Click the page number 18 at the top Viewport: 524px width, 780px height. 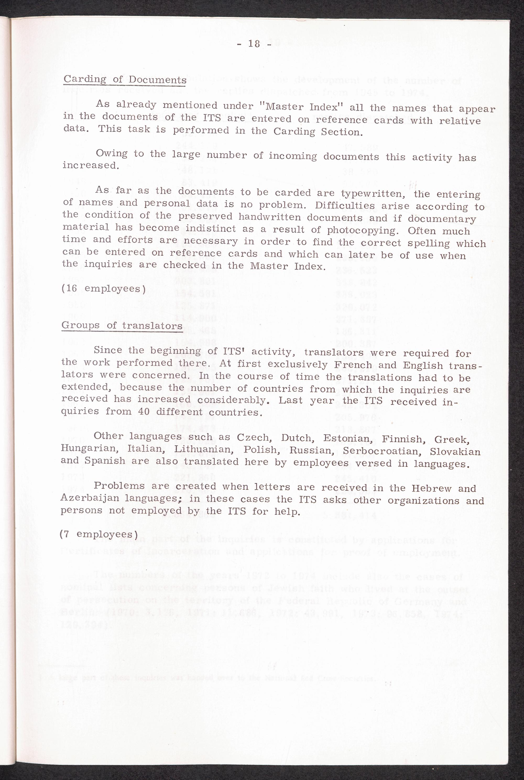tap(254, 44)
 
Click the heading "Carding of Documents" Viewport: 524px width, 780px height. tap(125, 79)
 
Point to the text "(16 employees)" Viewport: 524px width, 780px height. tap(103, 288)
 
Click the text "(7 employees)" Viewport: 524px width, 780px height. tap(98, 534)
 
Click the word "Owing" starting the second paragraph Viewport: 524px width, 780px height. tap(112, 153)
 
